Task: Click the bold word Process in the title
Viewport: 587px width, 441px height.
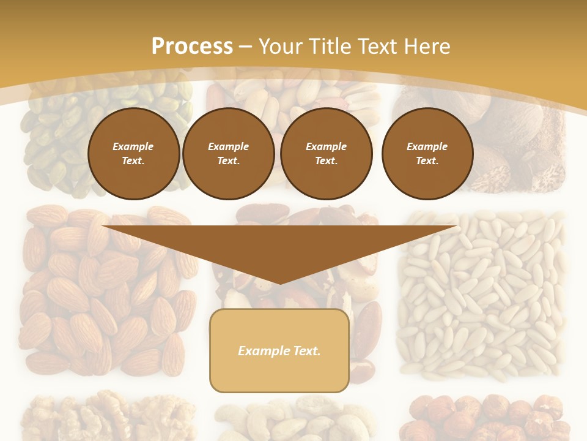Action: click(192, 47)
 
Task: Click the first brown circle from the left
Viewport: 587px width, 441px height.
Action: click(133, 154)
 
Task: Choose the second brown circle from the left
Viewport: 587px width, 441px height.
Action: click(228, 154)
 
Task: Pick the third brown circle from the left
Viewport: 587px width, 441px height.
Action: click(326, 154)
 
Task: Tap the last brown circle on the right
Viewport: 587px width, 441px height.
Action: click(427, 154)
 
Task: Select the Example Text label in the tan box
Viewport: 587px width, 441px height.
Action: click(279, 351)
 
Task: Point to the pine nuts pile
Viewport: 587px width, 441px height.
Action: click(483, 294)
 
